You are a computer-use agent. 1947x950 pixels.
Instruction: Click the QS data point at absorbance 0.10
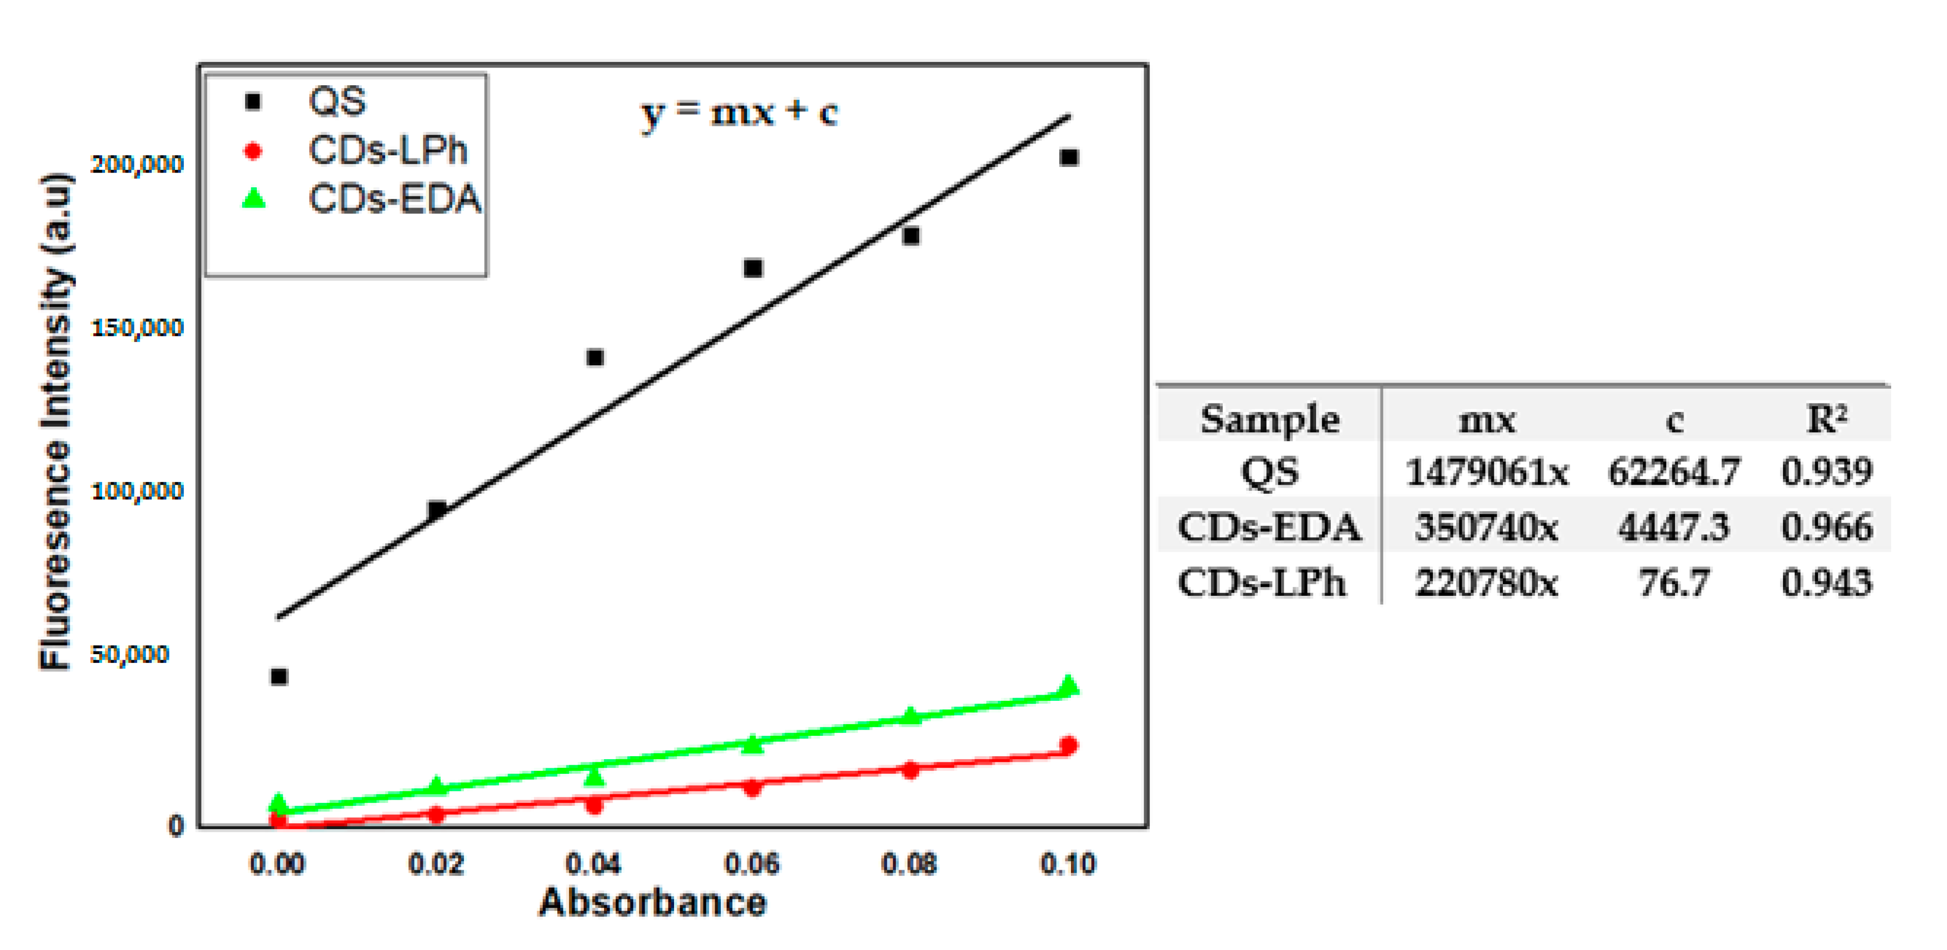(x=1068, y=157)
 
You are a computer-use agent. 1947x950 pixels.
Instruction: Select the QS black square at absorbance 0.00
(x=279, y=676)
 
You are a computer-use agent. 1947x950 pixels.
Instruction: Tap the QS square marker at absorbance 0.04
(x=595, y=357)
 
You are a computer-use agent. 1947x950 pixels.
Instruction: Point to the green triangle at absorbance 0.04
(x=595, y=776)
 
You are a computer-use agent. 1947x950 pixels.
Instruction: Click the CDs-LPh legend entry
(x=387, y=150)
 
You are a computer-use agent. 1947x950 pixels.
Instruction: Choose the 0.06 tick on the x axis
(x=751, y=863)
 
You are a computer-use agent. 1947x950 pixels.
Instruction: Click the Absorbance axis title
(x=652, y=902)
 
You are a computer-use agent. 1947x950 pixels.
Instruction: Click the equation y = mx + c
(x=739, y=113)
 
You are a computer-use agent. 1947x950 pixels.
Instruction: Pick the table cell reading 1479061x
(x=1486, y=472)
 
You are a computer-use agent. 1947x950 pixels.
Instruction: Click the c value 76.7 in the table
(x=1673, y=583)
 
